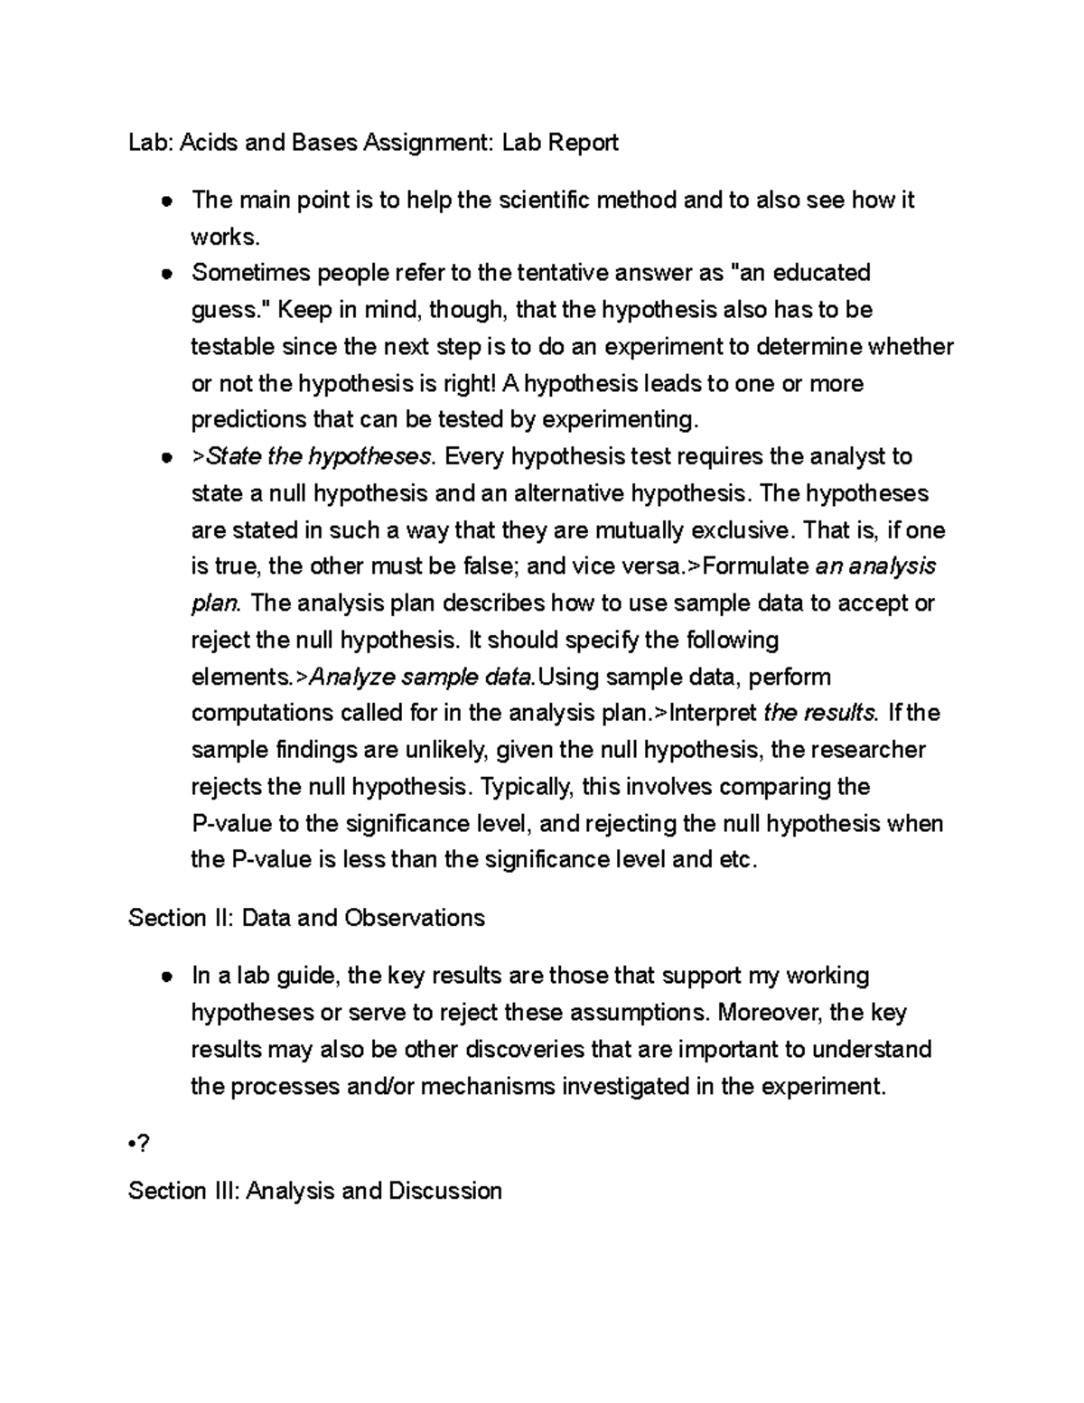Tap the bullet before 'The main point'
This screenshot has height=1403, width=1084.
(x=166, y=201)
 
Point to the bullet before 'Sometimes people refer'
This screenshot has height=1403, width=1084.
(x=166, y=274)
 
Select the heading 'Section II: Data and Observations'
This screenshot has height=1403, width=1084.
(x=306, y=918)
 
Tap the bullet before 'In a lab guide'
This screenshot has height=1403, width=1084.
(x=166, y=977)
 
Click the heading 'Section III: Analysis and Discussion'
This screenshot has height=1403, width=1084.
(x=315, y=1191)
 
